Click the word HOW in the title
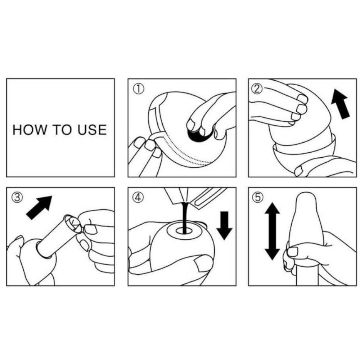[27, 129]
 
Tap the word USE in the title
[91, 129]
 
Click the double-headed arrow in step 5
[272, 231]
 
